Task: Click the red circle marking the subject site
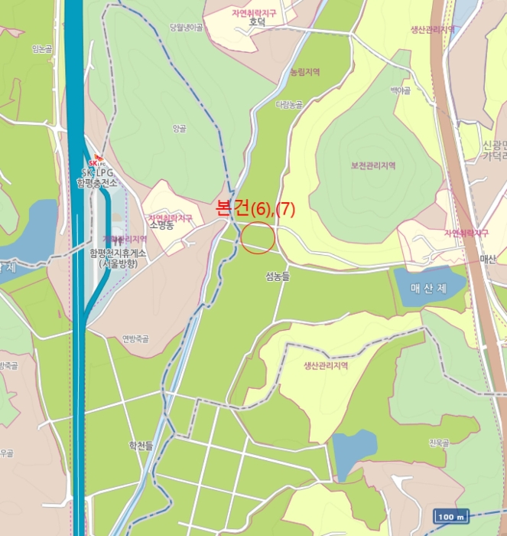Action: (x=258, y=237)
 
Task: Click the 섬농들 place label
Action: (x=278, y=277)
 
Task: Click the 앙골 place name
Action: (x=180, y=129)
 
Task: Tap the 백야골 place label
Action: (x=401, y=90)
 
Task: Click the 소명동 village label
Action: (x=162, y=227)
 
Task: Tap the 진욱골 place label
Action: (x=440, y=443)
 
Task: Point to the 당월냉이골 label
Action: (x=187, y=28)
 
